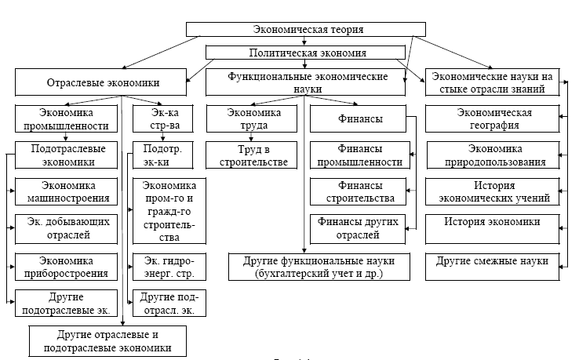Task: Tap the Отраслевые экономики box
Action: (98, 82)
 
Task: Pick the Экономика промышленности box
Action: (67, 118)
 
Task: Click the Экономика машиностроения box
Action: (67, 191)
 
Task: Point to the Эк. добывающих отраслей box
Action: (67, 228)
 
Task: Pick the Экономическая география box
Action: (495, 118)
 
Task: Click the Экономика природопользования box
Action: (495, 155)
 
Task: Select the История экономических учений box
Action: (495, 191)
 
